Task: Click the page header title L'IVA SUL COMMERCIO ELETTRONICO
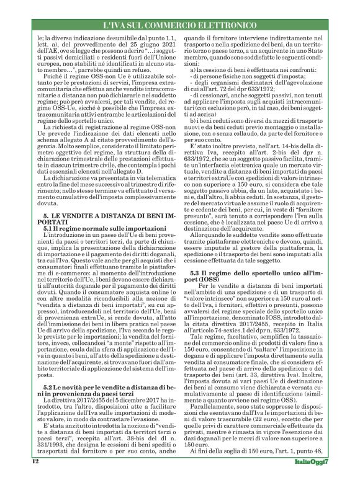(179, 24)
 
